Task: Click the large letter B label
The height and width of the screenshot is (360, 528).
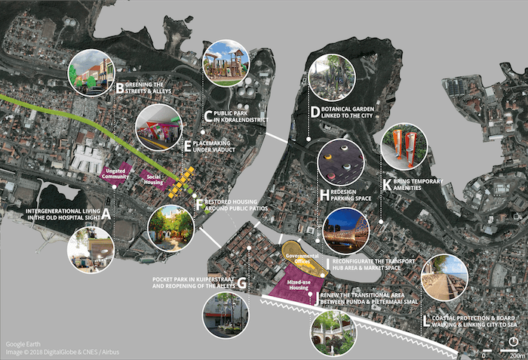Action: [x=120, y=88]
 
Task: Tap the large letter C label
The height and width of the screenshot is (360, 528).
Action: [x=207, y=115]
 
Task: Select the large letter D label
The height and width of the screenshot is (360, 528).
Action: [x=315, y=112]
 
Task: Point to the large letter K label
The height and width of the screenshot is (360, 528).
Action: [x=388, y=183]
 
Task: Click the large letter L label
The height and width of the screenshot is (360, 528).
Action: [x=427, y=321]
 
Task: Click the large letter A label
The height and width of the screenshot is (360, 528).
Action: [x=106, y=214]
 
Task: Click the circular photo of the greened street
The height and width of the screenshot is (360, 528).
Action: [x=91, y=73]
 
